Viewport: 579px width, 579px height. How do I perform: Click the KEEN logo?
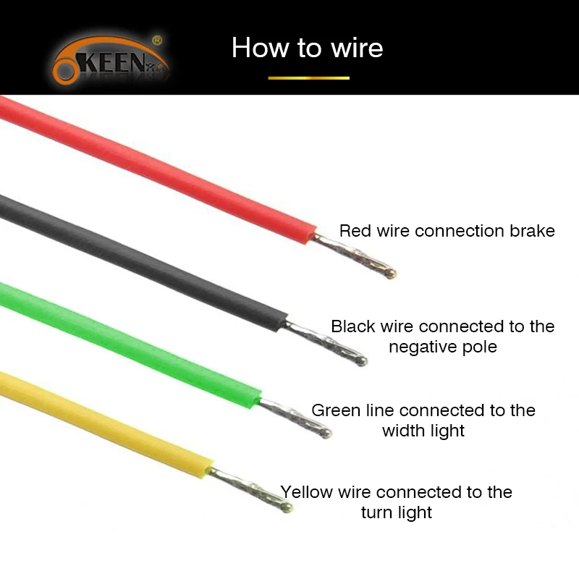[x=111, y=59]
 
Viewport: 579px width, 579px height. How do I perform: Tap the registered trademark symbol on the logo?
[x=157, y=40]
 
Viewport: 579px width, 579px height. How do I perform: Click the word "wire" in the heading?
[x=357, y=48]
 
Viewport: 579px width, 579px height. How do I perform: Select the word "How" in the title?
[x=261, y=48]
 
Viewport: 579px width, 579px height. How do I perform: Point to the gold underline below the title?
[x=309, y=78]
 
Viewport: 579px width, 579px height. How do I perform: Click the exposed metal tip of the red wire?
[x=355, y=255]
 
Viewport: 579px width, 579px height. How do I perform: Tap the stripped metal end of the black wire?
[x=326, y=342]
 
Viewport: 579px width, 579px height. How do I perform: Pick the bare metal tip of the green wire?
[x=295, y=418]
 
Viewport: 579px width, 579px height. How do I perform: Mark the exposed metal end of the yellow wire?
[x=250, y=489]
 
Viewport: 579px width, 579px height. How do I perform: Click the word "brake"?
[x=532, y=231]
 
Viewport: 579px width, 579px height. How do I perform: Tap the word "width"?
[x=403, y=431]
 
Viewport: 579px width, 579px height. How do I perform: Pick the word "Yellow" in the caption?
[x=306, y=492]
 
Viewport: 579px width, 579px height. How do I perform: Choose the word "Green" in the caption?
[x=336, y=410]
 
